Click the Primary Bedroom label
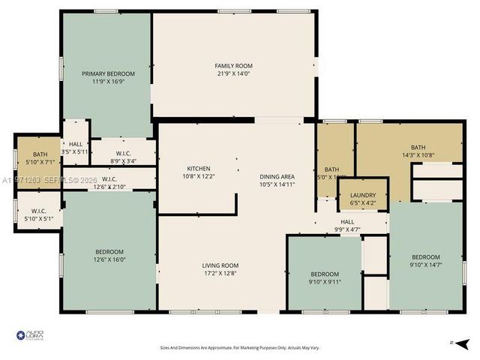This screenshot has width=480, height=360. pos(109,73)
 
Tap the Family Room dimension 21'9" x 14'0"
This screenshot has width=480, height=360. pos(233,74)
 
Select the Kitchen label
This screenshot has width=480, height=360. pos(198,168)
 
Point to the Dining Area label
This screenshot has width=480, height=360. pos(277,176)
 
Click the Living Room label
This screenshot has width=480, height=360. pos(220,265)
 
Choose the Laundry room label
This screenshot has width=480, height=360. pos(363,195)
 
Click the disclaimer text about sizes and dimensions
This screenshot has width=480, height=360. pos(239,347)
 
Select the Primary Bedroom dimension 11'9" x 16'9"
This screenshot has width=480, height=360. pos(109,82)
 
